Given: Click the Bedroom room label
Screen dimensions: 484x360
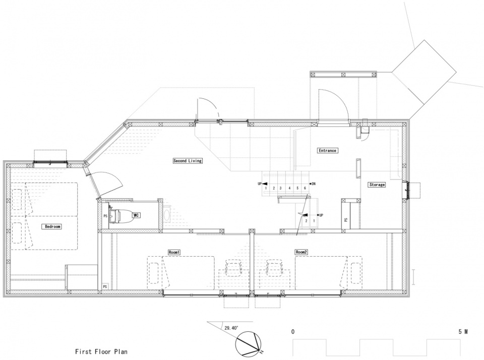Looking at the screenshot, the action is [x=52, y=226].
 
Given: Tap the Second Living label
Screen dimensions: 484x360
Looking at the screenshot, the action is [x=188, y=160].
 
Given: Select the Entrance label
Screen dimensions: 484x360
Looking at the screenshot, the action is [x=328, y=150].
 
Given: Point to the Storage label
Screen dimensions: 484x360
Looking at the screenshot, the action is [x=377, y=185].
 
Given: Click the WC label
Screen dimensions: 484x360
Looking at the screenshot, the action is [x=136, y=215].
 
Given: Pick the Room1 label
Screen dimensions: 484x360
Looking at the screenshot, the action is [x=174, y=252].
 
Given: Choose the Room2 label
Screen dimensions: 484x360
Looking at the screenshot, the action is [x=301, y=252].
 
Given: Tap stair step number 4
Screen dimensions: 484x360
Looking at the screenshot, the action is [x=289, y=188].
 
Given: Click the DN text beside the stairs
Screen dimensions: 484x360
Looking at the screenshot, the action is [x=313, y=184].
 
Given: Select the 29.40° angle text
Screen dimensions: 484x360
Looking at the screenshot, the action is [x=231, y=328].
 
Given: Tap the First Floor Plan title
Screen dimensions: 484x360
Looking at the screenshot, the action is [x=101, y=351].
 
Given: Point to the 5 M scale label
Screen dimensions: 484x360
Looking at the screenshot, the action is [x=463, y=332].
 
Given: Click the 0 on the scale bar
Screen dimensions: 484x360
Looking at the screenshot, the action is [x=292, y=332].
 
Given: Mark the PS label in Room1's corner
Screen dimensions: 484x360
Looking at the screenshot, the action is [x=105, y=286].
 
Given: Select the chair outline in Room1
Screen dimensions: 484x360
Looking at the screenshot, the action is [x=233, y=267].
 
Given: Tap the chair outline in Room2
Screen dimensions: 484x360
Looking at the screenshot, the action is [x=275, y=267].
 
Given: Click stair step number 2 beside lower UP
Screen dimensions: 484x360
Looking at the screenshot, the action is [x=306, y=221].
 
